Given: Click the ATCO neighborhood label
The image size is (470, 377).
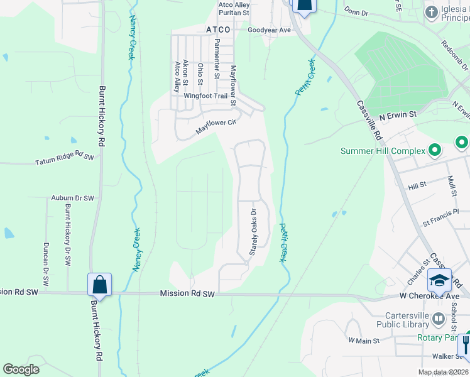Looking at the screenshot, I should [x=219, y=30].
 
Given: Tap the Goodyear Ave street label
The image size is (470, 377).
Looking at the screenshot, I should [x=269, y=30].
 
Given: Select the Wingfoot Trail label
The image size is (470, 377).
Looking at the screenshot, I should [x=205, y=96].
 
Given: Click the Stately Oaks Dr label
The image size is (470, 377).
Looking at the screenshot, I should [x=254, y=232].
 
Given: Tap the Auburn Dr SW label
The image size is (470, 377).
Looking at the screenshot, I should [x=72, y=198].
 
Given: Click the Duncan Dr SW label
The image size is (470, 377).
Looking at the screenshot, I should [x=46, y=263].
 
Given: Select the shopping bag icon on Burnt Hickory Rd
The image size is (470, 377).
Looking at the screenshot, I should [x=99, y=285].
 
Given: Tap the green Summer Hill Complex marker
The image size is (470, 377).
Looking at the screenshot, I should [x=434, y=150].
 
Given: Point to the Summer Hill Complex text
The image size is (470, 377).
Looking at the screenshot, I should [x=383, y=151].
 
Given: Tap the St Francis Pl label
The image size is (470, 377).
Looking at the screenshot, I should [x=445, y=221].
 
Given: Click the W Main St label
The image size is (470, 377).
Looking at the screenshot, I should [x=364, y=341].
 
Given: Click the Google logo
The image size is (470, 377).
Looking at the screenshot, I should [x=21, y=369].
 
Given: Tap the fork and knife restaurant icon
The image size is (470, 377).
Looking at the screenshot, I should [x=466, y=344].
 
